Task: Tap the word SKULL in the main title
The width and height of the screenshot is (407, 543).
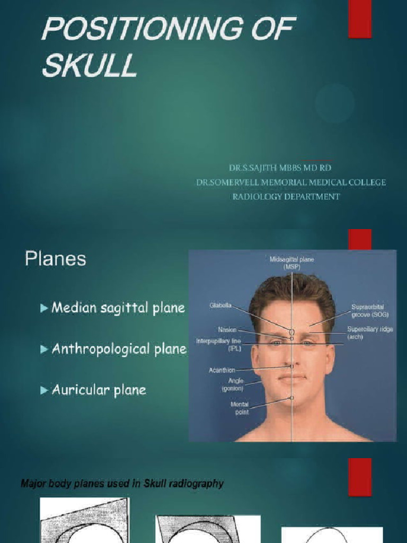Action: tap(89, 66)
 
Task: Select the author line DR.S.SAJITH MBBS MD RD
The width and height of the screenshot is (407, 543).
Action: tap(280, 168)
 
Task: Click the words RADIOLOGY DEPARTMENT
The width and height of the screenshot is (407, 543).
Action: tap(286, 196)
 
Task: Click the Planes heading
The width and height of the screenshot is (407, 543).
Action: tap(55, 259)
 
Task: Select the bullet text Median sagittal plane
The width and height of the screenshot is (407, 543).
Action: tap(118, 308)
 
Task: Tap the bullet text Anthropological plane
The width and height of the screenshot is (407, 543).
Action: tap(119, 349)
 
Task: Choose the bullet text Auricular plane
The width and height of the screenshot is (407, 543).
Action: tap(99, 391)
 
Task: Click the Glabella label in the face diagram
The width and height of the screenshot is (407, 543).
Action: tap(220, 306)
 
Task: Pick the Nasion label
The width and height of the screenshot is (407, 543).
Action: tap(227, 330)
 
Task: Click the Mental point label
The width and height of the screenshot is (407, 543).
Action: tap(239, 408)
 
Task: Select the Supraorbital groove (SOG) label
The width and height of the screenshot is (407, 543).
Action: tap(368, 311)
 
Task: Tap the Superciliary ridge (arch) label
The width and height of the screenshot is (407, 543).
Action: tap(370, 332)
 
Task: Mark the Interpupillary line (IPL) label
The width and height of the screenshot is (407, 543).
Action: tap(218, 344)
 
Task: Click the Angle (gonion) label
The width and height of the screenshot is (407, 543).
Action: tap(232, 384)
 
